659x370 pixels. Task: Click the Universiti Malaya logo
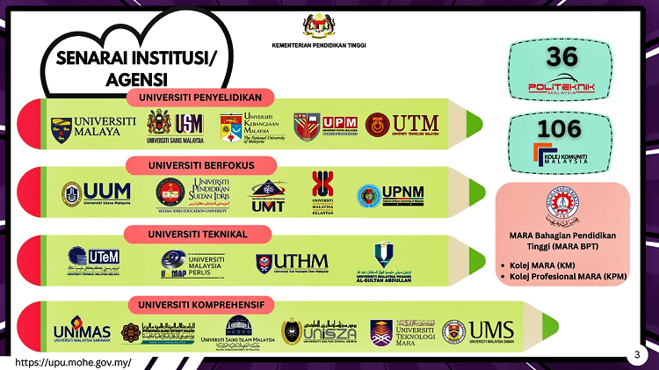93,129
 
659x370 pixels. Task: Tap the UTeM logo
94,258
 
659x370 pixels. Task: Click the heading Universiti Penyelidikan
201,97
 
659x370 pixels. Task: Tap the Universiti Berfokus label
201,164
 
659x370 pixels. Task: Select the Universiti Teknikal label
198,234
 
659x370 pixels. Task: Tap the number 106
560,128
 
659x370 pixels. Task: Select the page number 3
636,355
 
